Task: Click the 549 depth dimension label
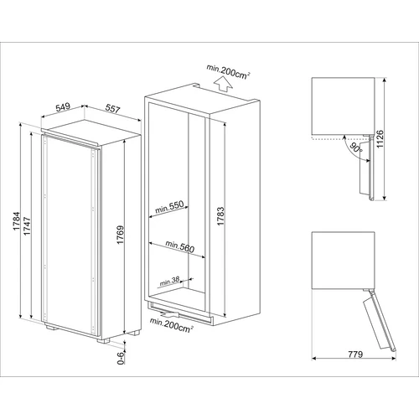click(63, 107)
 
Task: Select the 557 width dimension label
click(112, 108)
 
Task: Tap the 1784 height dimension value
click(17, 221)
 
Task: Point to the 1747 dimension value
click(27, 225)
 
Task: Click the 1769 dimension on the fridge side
click(120, 235)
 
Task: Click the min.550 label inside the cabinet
click(169, 207)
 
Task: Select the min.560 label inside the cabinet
click(179, 246)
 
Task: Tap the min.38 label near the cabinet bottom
click(169, 282)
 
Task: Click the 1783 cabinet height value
click(220, 216)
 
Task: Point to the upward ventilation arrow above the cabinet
click(223, 85)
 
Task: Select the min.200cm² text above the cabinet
click(228, 71)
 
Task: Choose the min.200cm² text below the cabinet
click(172, 325)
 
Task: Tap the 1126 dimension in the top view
click(380, 139)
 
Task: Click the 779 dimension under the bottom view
click(355, 354)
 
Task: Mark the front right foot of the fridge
click(102, 340)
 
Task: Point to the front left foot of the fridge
click(51, 327)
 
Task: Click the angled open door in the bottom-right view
click(380, 321)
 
